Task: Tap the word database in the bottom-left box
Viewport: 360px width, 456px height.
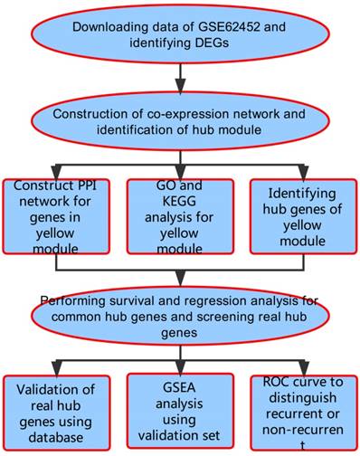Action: click(x=56, y=438)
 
